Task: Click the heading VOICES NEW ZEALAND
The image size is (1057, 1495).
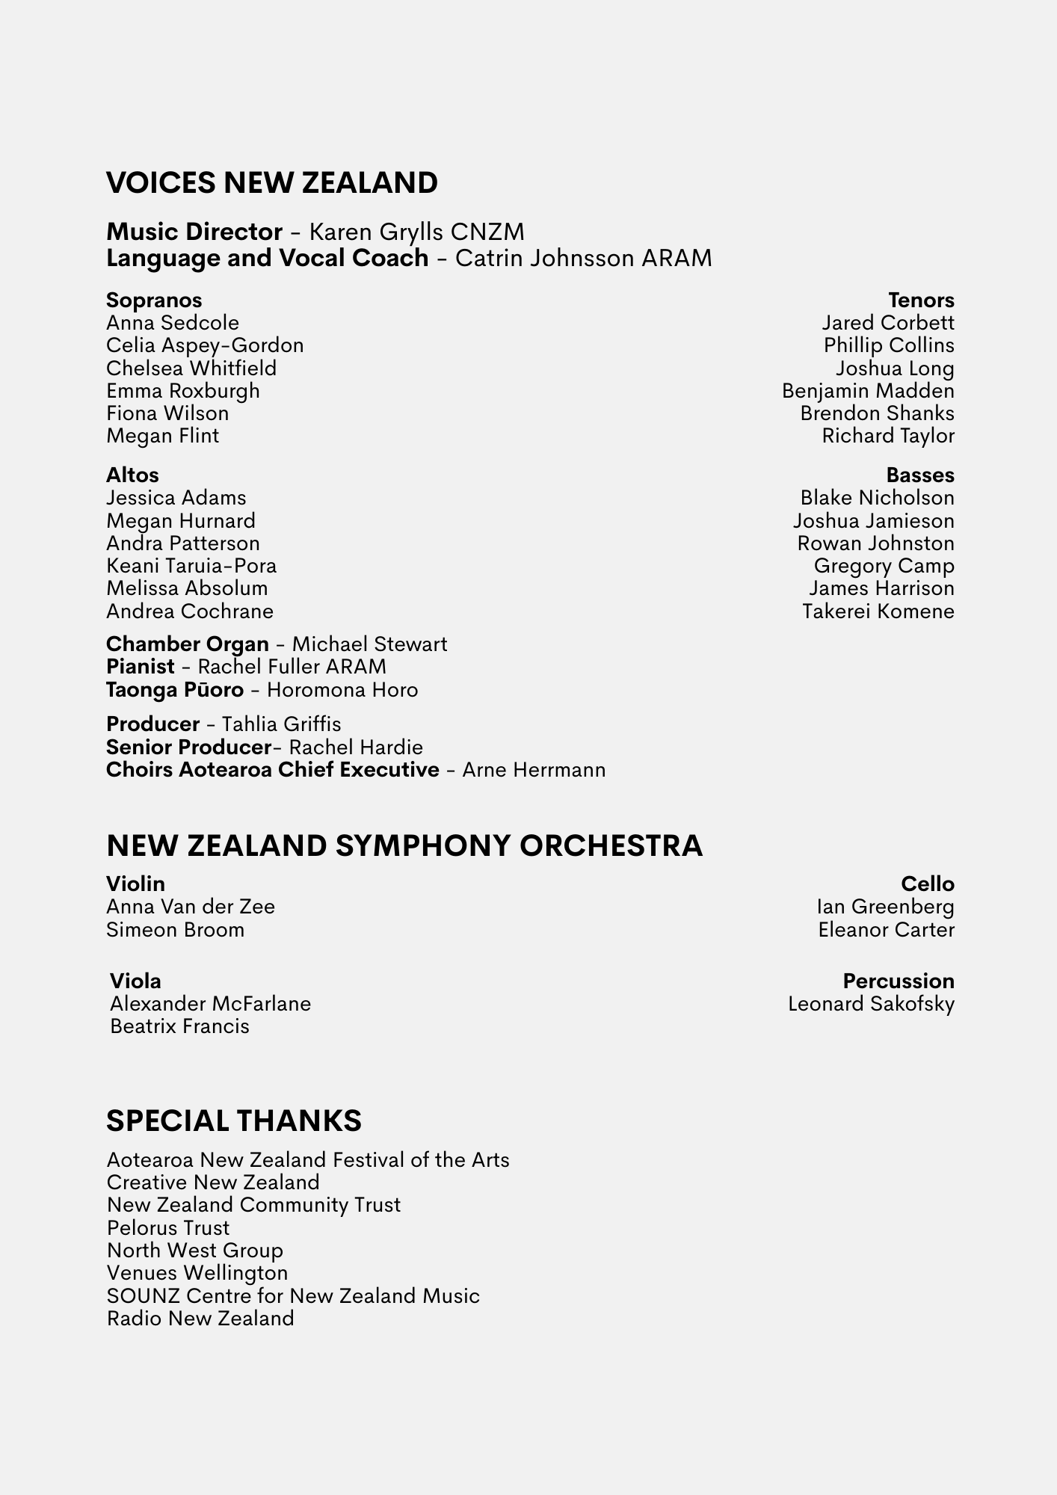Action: click(272, 183)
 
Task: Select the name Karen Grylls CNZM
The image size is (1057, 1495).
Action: click(416, 232)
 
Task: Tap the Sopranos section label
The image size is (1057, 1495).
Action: click(154, 300)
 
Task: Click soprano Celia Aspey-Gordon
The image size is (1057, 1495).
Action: click(205, 345)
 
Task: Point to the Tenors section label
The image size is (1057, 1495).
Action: click(921, 300)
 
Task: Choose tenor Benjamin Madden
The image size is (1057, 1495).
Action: click(868, 391)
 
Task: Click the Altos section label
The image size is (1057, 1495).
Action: click(132, 475)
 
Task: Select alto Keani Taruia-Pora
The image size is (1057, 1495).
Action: click(191, 566)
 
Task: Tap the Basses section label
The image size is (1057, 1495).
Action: click(920, 475)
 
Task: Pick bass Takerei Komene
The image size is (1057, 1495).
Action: click(878, 611)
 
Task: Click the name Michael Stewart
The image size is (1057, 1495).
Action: click(369, 644)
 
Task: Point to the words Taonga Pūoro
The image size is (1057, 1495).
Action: click(175, 690)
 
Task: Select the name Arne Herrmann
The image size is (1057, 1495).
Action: click(534, 770)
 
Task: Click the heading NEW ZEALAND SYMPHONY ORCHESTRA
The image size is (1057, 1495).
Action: click(404, 846)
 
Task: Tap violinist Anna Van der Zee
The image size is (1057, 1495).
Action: click(191, 907)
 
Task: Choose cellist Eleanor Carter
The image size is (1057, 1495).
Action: click(886, 930)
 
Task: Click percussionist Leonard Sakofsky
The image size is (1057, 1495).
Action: click(871, 1004)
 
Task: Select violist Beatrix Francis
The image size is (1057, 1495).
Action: click(179, 1026)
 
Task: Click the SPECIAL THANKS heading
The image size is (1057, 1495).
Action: click(234, 1121)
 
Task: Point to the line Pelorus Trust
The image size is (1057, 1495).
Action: click(168, 1228)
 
